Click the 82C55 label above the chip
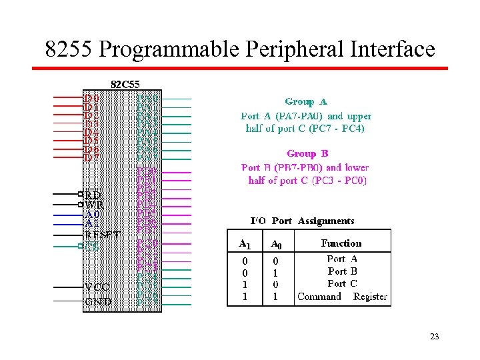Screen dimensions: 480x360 (x=125, y=85)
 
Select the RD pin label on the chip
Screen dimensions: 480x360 (x=93, y=195)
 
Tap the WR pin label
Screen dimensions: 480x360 (x=94, y=205)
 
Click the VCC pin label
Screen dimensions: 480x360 (x=97, y=287)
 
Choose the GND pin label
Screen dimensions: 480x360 (x=98, y=301)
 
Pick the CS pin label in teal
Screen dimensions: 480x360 (x=91, y=246)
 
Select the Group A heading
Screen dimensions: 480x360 (x=306, y=102)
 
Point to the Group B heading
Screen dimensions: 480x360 (x=307, y=153)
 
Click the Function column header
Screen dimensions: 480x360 (x=341, y=243)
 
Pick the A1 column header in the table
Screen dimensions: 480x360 (x=245, y=244)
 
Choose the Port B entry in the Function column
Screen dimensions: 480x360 (x=342, y=271)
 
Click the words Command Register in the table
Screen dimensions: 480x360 (x=342, y=297)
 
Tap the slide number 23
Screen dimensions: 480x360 (x=434, y=337)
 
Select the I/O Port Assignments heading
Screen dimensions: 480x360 (x=302, y=221)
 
